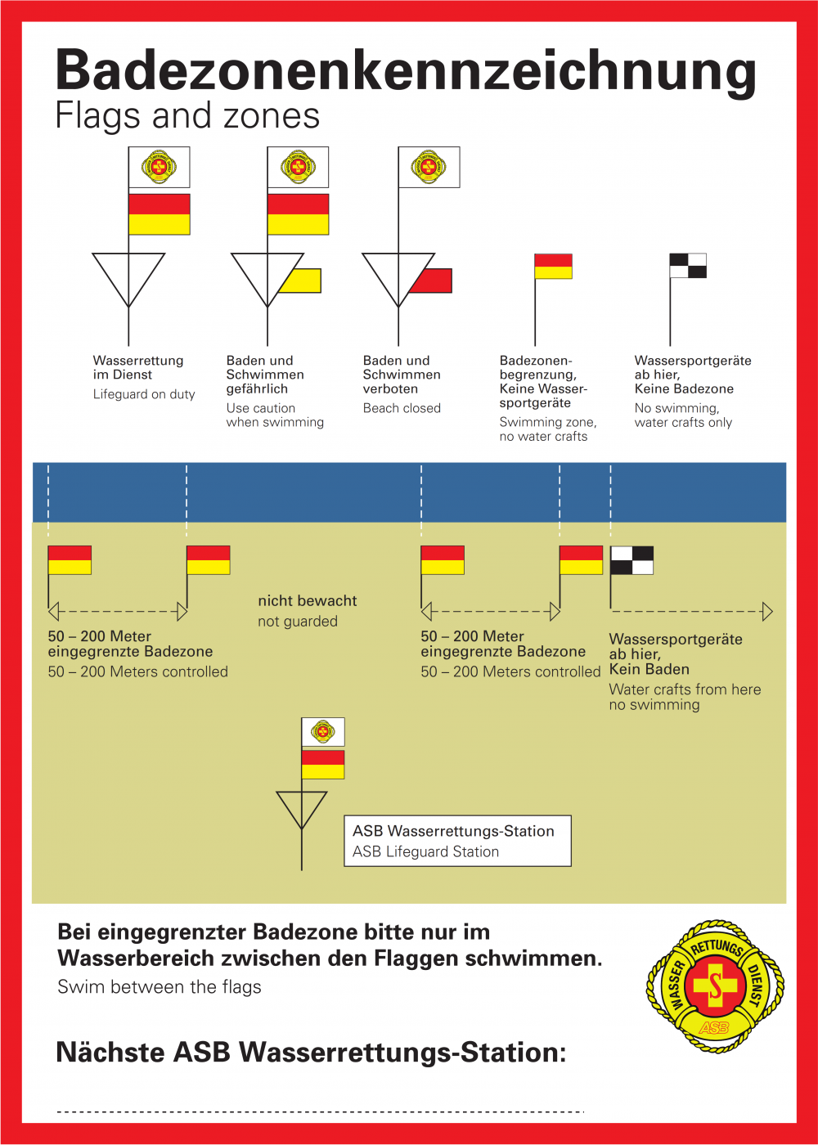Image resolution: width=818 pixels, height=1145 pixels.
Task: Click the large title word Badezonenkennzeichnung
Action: pos(406,72)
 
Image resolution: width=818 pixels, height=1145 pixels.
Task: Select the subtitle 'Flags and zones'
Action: pos(187,115)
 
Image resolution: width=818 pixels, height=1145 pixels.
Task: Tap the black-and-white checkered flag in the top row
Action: pos(688,266)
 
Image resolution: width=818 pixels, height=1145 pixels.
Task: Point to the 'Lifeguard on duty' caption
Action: pos(144,394)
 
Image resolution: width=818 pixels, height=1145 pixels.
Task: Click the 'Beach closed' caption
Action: pos(402,408)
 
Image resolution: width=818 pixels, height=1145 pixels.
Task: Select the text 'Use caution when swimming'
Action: pos(275,415)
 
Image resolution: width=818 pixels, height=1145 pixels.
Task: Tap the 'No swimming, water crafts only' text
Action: pos(684,415)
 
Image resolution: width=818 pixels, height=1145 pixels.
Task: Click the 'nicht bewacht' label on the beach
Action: pos(308,600)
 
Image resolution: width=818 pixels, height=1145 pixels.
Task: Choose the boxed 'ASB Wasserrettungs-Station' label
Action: pos(457,841)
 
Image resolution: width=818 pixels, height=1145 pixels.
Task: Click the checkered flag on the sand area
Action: pos(631,560)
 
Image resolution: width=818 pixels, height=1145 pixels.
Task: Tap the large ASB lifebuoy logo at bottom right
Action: pos(715,986)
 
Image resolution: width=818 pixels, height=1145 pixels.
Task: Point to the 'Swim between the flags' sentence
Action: pos(159,986)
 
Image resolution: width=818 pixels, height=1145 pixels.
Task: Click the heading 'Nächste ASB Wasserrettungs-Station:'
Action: pos(311,1053)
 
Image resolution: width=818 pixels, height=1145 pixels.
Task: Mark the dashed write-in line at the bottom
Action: pos(321,1111)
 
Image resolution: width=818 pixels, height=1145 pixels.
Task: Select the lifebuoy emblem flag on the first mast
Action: pos(159,167)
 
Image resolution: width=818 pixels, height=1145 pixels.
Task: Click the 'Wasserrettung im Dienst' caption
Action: pos(138,367)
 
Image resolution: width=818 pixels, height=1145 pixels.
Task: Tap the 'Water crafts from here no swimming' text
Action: pos(685,697)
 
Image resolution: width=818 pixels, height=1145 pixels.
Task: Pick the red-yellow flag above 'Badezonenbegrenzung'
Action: pos(553,266)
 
